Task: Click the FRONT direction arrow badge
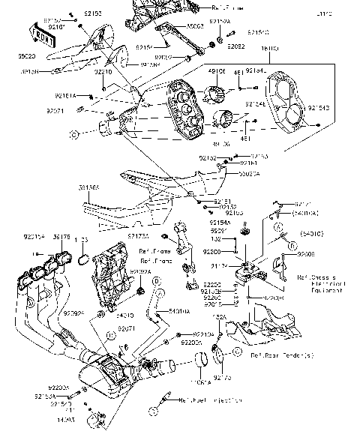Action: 40,33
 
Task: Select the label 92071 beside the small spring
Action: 56,110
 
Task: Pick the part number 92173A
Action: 137,237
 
